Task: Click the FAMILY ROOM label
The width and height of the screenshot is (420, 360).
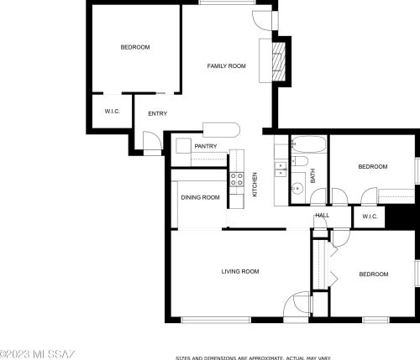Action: click(226, 66)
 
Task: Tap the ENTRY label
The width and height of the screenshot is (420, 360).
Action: click(158, 113)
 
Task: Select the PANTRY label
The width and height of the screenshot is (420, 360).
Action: click(206, 146)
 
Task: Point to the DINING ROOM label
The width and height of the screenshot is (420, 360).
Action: click(200, 197)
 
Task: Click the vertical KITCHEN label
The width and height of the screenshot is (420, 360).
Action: click(255, 185)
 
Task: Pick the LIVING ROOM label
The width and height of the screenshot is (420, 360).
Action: click(240, 271)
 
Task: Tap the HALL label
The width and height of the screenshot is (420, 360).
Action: click(323, 215)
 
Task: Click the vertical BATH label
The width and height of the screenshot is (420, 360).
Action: click(312, 175)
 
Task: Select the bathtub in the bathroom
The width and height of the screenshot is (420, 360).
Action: click(309, 144)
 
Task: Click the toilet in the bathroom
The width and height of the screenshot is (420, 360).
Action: click(300, 161)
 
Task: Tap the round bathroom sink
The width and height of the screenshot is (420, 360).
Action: click(297, 189)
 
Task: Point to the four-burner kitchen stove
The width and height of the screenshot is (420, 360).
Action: click(237, 180)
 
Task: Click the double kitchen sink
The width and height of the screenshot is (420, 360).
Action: click(281, 170)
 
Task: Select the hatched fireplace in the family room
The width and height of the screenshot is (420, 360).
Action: click(279, 61)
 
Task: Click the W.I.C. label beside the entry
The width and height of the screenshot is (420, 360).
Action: click(113, 112)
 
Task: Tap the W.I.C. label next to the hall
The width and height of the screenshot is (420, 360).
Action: click(370, 217)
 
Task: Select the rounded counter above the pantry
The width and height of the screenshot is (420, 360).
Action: click(221, 130)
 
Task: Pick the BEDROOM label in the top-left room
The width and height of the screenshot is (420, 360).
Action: click(135, 47)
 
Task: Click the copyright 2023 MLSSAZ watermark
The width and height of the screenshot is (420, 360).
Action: click(37, 354)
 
